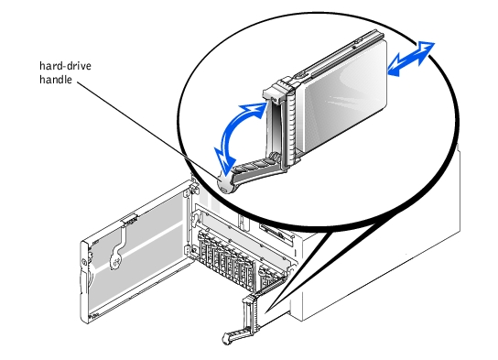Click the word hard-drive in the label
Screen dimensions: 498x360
point(65,66)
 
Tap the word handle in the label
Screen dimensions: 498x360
point(56,80)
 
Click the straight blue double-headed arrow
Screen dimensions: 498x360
point(411,59)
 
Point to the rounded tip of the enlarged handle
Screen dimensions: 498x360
point(226,183)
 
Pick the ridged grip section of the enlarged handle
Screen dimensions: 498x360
point(256,166)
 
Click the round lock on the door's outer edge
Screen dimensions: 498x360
point(84,263)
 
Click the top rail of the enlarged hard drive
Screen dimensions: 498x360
point(337,54)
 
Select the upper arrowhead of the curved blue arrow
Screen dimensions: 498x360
point(256,110)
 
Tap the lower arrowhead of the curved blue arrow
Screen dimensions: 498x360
point(225,161)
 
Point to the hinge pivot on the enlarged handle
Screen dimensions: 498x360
point(275,157)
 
